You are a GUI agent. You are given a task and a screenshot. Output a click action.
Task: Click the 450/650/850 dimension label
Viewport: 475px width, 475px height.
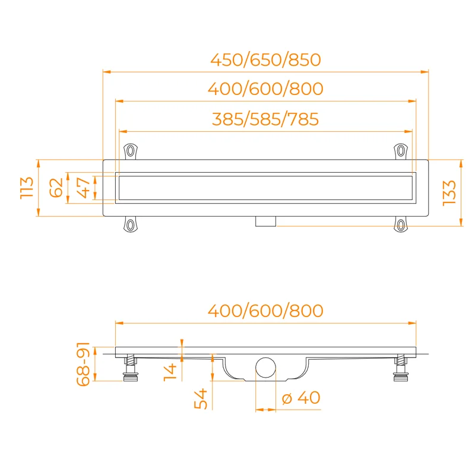(x=265, y=60)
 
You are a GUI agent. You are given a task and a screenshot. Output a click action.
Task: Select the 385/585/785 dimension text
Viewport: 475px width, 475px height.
(x=265, y=119)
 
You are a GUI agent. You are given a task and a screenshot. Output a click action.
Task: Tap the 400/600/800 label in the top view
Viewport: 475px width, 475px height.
(x=265, y=88)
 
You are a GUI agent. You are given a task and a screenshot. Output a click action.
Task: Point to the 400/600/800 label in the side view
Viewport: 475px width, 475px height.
(x=265, y=311)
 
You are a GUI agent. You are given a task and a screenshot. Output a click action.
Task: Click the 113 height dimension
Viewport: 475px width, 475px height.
(x=27, y=188)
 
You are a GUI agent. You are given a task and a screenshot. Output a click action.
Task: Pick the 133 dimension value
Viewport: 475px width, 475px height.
(x=449, y=193)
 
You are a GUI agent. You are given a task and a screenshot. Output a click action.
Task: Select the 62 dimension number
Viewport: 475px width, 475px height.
(x=56, y=188)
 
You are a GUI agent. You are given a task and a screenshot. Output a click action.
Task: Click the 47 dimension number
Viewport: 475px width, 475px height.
(x=84, y=188)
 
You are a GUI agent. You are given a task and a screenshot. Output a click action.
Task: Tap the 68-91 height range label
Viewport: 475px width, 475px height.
(x=83, y=364)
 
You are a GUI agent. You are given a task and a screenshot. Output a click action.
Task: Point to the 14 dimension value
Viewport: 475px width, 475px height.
(x=170, y=372)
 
